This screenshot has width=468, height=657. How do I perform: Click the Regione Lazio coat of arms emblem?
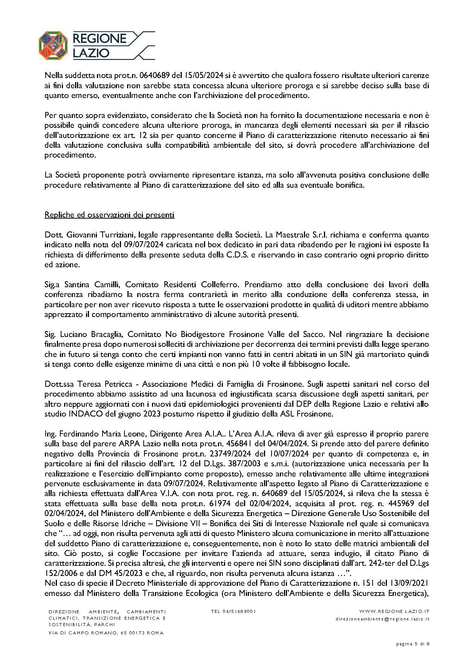pos(54,45)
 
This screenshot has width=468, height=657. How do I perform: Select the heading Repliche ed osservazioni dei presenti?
pos(109,215)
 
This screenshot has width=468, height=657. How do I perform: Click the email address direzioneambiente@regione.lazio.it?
pos(382,619)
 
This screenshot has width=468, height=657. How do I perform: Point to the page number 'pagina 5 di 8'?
pos(413,644)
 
